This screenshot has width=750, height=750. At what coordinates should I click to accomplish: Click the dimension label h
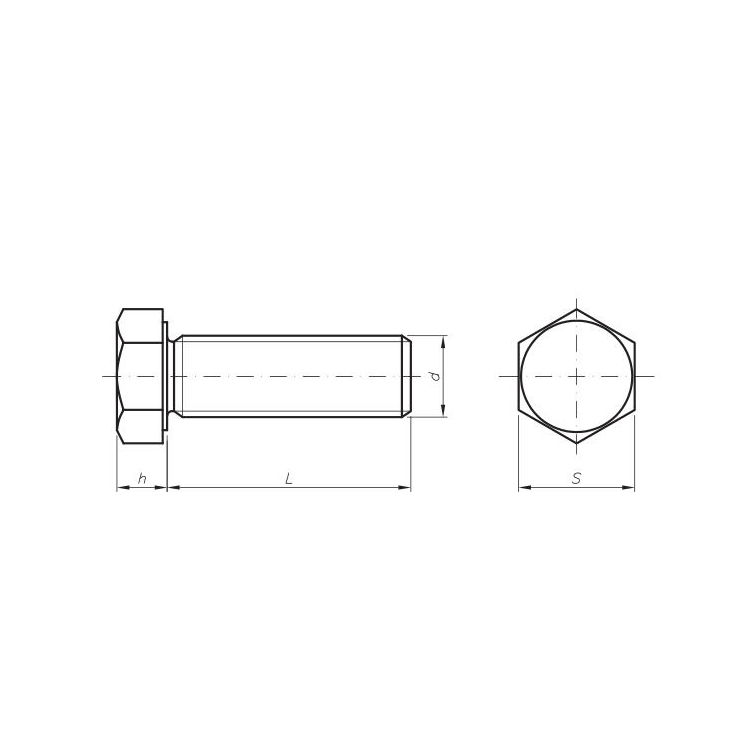(142, 478)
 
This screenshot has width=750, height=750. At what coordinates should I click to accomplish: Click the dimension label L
(289, 478)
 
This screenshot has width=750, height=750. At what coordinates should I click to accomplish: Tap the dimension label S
(577, 478)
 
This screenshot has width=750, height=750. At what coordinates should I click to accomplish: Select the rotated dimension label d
(435, 376)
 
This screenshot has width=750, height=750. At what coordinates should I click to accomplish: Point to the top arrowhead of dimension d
(443, 342)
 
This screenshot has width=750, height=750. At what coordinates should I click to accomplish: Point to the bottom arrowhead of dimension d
(443, 411)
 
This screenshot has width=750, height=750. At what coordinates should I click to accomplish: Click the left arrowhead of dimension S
(525, 487)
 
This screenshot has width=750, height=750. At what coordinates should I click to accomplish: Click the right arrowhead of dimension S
(629, 487)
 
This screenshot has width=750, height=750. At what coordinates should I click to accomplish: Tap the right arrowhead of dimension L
(405, 487)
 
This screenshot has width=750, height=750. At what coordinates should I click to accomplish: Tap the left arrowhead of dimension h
(123, 487)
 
